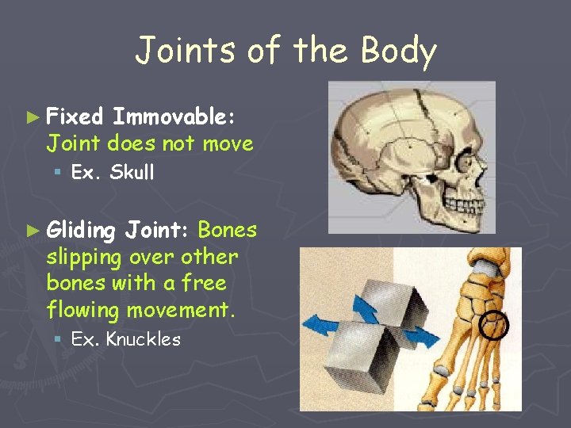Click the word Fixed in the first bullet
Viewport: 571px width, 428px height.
click(75, 117)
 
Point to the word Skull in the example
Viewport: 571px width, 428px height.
click(132, 172)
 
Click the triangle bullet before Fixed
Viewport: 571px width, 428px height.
click(32, 117)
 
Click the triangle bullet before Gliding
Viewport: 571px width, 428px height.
click(32, 231)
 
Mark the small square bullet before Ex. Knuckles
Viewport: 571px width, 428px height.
click(60, 340)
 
